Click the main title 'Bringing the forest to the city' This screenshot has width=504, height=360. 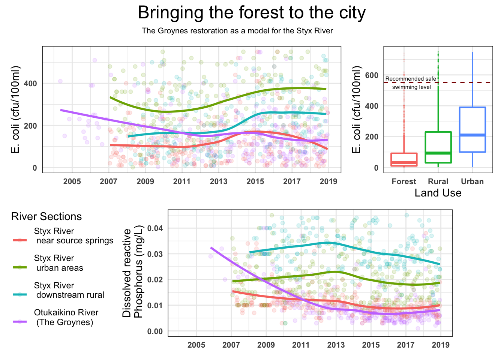(252, 13)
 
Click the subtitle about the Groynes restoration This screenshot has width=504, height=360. (237, 31)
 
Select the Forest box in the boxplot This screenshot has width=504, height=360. (404, 159)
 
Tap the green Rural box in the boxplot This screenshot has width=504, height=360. (438, 147)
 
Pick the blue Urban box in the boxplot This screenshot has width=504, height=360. (472, 129)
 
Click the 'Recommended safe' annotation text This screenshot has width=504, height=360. (411, 79)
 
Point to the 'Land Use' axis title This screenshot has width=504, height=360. (438, 193)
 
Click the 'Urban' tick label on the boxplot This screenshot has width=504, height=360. (472, 181)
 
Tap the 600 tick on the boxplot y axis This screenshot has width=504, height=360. (372, 75)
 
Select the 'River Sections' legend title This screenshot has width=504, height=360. (46, 216)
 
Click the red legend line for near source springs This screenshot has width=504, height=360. (20, 240)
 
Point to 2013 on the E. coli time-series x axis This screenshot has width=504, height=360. (219, 181)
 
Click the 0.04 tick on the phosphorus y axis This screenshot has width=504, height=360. (154, 228)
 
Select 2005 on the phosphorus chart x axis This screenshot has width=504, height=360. (196, 345)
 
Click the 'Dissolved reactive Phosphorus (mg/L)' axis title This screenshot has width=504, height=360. (133, 273)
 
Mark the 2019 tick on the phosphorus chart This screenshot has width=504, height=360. (441, 345)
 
